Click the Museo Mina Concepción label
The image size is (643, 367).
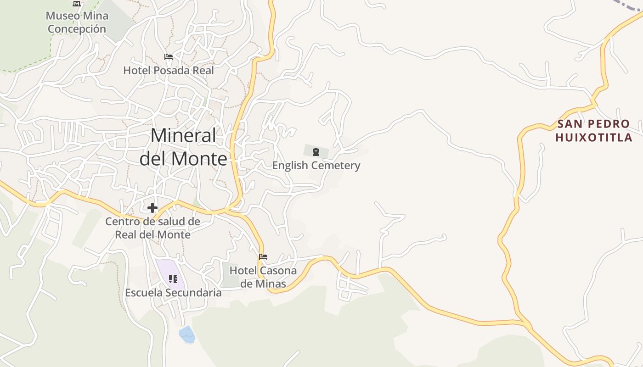[77, 22]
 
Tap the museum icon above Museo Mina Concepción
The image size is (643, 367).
[77, 4]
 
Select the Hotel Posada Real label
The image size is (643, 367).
[169, 70]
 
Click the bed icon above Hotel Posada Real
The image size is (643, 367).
[169, 57]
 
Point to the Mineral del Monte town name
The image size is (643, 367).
[183, 147]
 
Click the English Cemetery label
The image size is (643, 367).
[316, 165]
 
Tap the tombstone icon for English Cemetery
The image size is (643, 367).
[316, 152]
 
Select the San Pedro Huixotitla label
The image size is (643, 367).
[593, 130]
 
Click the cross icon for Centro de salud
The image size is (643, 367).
[152, 208]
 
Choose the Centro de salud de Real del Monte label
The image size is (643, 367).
[152, 228]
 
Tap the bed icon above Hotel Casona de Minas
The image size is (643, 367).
[263, 257]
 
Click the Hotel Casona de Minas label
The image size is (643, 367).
[263, 277]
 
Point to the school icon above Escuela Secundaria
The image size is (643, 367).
[173, 278]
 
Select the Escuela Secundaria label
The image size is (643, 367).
[173, 293]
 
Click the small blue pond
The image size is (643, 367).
[187, 334]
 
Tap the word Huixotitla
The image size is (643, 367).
[593, 137]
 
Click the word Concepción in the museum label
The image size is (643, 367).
[77, 29]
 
